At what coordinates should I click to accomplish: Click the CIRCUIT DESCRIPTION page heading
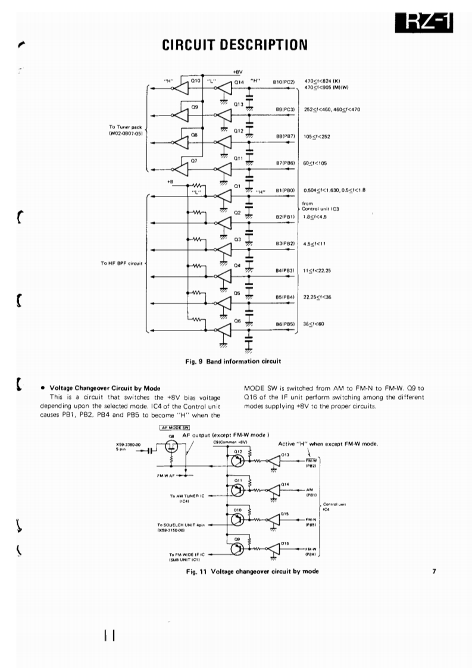click(x=235, y=43)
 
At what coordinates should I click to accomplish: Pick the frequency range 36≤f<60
click(x=315, y=324)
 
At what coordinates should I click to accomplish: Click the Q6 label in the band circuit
click(x=237, y=320)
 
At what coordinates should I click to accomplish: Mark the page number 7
click(x=435, y=572)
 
